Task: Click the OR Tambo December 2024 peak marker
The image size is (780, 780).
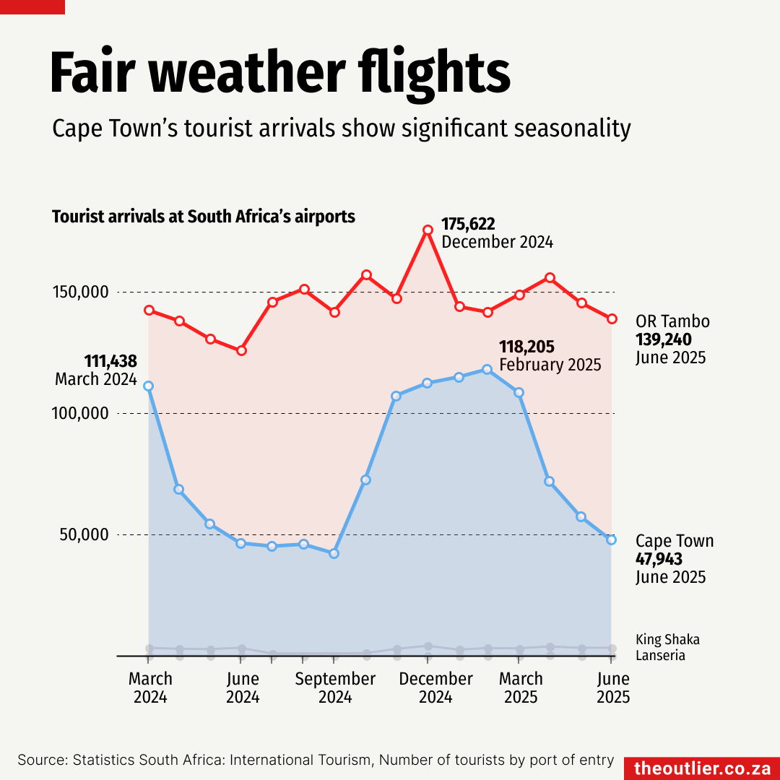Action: [x=428, y=230]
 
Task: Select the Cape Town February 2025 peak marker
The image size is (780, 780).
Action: [x=487, y=369]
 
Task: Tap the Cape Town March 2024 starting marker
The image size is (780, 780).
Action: [x=148, y=386]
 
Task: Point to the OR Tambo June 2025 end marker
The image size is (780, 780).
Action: [x=612, y=318]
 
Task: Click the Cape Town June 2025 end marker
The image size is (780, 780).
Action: [x=612, y=539]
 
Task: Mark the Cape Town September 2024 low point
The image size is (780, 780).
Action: [x=334, y=553]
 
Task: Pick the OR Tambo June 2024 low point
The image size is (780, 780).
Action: [x=242, y=350]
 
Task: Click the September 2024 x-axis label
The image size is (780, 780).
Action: [x=335, y=688]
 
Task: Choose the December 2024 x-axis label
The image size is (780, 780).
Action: [x=435, y=688]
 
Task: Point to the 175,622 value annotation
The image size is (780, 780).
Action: [x=468, y=224]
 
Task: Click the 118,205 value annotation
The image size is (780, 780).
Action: [x=526, y=347]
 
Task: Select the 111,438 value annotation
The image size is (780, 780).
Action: [x=110, y=361]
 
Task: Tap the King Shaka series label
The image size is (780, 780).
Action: [x=667, y=639]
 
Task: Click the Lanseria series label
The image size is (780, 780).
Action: [x=660, y=656]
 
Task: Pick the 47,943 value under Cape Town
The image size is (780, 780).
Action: [x=659, y=559]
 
